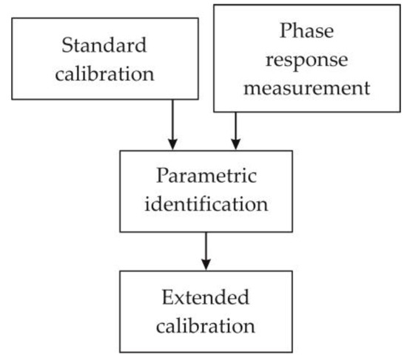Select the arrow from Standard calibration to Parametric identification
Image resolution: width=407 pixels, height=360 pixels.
tap(172, 122)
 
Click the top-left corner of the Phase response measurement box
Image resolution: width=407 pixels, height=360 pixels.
tap(214, 7)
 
